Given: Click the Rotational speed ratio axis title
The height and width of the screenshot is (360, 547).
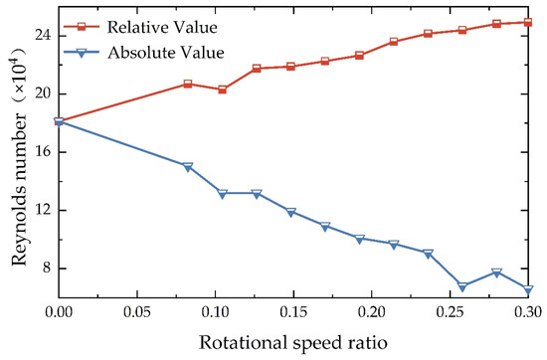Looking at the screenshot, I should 292,341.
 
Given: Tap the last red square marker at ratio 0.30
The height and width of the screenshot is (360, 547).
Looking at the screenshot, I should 528,22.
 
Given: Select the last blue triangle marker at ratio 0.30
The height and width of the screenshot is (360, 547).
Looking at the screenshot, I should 528,289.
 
